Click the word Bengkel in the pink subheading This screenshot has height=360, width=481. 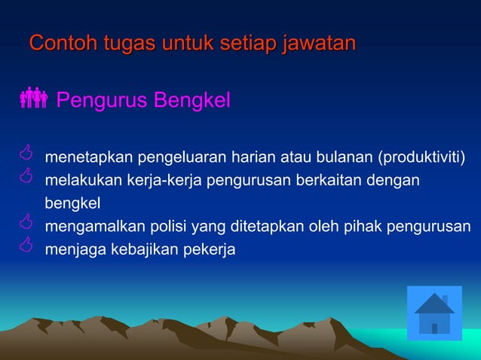click(x=193, y=99)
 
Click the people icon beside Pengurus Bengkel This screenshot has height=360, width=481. click(x=34, y=98)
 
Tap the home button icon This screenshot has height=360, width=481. click(x=434, y=313)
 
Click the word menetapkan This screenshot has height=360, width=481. click(x=88, y=157)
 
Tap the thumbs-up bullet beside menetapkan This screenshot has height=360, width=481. click(x=26, y=155)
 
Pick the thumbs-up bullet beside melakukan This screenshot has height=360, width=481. click(x=26, y=178)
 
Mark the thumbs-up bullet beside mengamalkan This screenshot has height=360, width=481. click(x=26, y=223)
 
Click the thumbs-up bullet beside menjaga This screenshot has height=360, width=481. click(x=26, y=246)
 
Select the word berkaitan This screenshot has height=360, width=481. click(x=320, y=181)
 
